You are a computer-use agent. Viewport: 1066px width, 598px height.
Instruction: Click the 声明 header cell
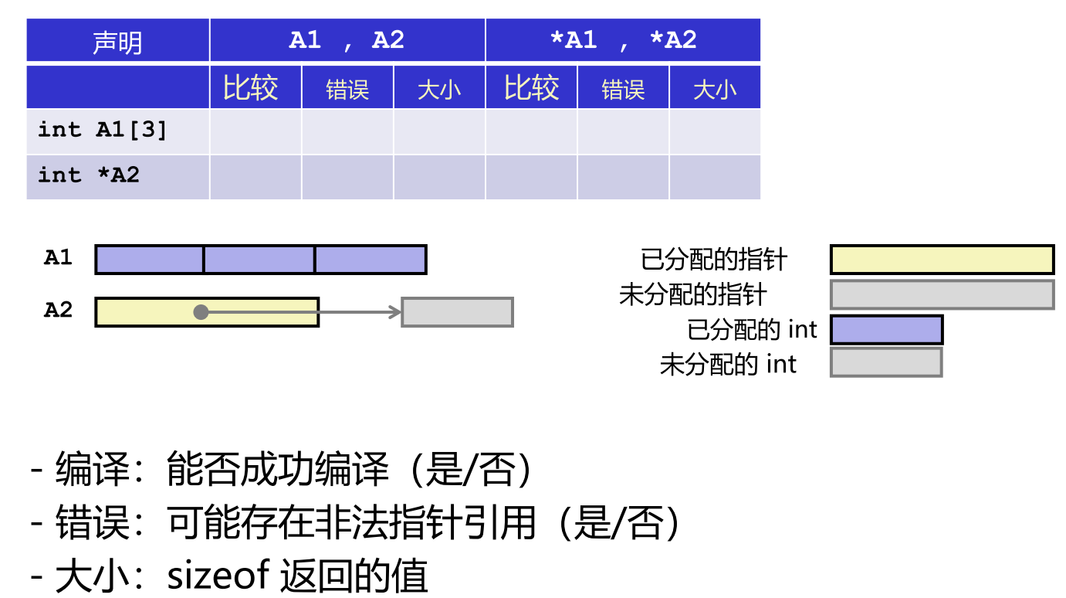point(117,41)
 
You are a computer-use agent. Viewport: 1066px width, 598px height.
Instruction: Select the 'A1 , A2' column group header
point(347,41)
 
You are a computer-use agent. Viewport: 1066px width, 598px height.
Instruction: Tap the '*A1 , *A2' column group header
point(622,41)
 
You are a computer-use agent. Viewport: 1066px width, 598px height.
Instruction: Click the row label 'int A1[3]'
point(103,130)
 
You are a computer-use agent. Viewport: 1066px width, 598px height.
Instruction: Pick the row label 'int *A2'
point(89,175)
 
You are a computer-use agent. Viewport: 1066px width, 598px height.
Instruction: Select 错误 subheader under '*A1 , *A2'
point(623,90)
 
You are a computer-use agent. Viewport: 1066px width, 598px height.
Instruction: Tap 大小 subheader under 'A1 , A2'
point(439,90)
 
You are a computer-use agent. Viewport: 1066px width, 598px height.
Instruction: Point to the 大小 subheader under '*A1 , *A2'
point(715,90)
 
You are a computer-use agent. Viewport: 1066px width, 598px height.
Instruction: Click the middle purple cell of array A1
point(259,260)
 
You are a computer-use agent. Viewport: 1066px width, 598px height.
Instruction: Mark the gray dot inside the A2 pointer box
point(201,312)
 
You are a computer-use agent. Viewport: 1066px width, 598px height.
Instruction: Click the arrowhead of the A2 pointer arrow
point(396,312)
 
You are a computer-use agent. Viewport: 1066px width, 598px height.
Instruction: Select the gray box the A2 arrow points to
point(458,312)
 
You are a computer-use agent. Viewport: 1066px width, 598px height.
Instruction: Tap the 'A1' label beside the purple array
point(58,258)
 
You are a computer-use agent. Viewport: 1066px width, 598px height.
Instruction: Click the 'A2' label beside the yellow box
point(58,311)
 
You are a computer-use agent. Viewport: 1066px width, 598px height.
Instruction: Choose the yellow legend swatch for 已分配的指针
point(942,260)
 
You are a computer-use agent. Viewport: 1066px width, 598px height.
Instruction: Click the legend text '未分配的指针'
point(693,294)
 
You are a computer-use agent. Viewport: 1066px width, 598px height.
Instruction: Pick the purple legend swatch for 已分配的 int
point(886,330)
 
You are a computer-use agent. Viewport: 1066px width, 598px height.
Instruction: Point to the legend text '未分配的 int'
point(728,364)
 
